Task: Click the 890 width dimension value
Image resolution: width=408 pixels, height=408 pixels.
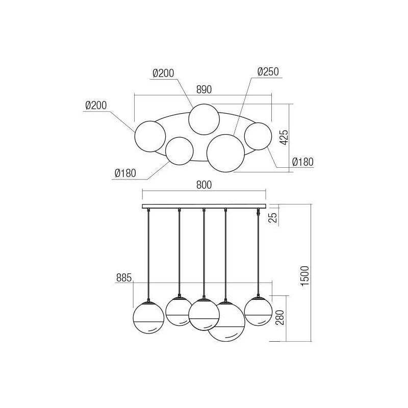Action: coord(203,88)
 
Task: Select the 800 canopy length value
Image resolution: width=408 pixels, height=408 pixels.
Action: coord(203,185)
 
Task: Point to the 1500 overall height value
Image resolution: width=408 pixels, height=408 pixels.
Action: coord(304,275)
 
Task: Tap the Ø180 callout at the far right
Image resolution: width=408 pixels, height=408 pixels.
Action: coord(302,162)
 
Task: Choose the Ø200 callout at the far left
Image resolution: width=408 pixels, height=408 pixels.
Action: coord(96,106)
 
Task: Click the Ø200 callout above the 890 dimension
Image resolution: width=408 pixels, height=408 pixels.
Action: coord(163,73)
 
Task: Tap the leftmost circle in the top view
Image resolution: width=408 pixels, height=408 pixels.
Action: coord(150,136)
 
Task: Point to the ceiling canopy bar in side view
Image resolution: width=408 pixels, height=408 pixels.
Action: coord(203,206)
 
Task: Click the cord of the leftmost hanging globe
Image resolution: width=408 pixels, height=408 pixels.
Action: coord(148,255)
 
